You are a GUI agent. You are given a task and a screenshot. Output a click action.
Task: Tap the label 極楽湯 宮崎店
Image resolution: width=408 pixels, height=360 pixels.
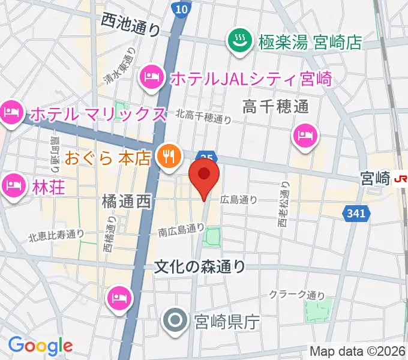tap(311, 42)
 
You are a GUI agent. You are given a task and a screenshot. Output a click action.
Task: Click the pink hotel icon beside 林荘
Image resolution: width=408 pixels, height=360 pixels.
tap(11, 184)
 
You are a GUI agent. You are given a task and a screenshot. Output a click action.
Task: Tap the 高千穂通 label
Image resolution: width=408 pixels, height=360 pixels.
tap(275, 107)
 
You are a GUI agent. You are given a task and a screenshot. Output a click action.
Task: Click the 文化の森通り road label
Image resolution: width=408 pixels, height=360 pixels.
tap(200, 266)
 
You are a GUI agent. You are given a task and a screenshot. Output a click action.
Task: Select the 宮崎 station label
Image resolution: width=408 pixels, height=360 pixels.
tap(374, 178)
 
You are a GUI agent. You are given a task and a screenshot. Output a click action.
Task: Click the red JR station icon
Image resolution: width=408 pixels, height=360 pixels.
tap(400, 178)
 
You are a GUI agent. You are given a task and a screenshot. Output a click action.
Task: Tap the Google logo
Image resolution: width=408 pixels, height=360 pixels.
tap(40, 345)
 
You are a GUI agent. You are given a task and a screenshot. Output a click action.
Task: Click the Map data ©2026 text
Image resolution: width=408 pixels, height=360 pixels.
tap(358, 350)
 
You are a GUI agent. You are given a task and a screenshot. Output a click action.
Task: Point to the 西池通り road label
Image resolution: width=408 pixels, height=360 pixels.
tap(130, 25)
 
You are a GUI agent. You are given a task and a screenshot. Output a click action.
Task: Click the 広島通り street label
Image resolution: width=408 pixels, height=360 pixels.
tap(238, 200)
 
